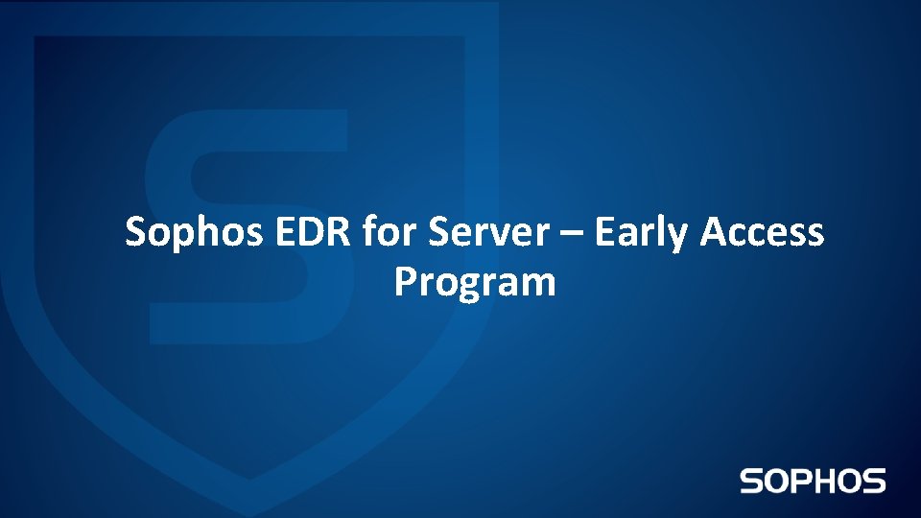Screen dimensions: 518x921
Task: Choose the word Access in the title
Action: (762, 232)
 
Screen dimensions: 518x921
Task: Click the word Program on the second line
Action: (475, 284)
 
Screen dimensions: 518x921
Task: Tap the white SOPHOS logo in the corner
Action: (813, 481)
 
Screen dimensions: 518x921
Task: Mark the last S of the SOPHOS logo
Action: (873, 481)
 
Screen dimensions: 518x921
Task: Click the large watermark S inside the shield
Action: (245, 225)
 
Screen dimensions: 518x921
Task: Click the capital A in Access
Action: (714, 232)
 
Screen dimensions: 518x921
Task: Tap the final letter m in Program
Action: (540, 285)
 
